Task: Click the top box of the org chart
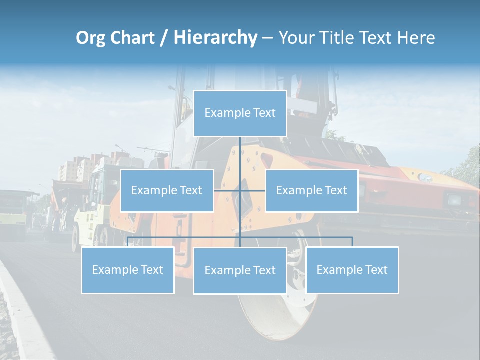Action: pos(240,113)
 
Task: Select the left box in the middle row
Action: pos(167,190)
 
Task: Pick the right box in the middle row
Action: pos(311,190)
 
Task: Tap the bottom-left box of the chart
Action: pos(128,270)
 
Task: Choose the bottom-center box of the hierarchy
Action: pos(240,270)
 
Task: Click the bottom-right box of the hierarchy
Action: pos(352,270)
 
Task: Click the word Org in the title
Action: pos(92,38)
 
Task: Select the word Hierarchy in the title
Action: pos(215,38)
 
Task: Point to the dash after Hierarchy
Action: pos(267,38)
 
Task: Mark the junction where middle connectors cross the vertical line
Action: pos(240,190)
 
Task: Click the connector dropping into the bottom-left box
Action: pos(128,242)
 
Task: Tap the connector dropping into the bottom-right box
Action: pos(352,242)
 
